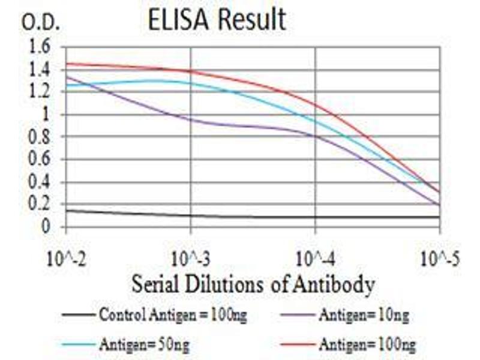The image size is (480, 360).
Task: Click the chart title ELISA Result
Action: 217,20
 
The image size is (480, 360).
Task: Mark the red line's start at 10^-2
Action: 67,63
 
